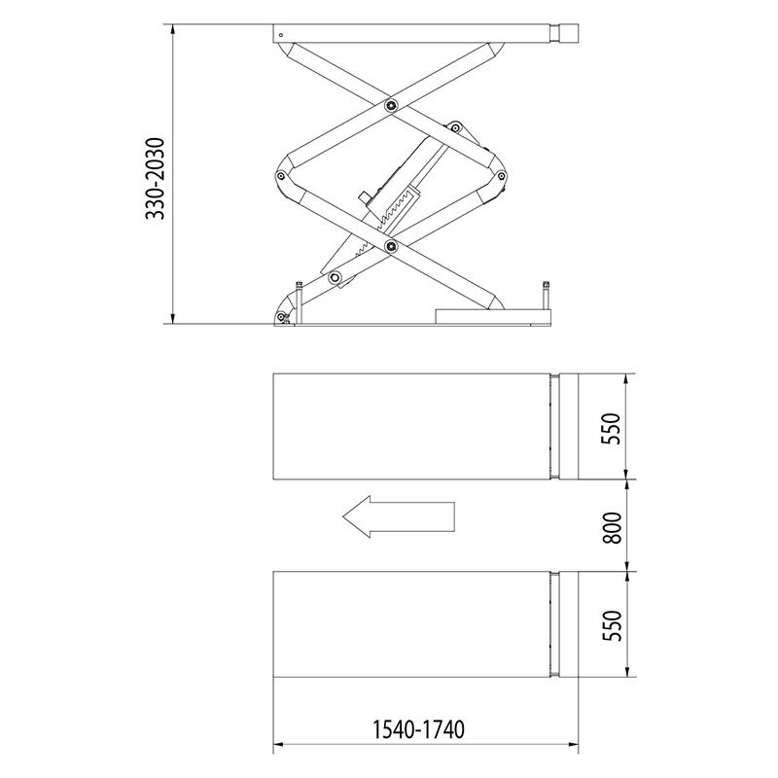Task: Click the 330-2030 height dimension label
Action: click(x=155, y=179)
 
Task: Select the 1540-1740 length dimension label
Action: click(x=418, y=729)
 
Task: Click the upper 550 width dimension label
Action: click(x=612, y=429)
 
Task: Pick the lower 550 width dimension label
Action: click(x=612, y=625)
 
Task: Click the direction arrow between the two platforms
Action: click(x=399, y=516)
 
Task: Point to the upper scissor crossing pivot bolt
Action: click(x=392, y=105)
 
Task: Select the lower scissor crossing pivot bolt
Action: click(x=392, y=246)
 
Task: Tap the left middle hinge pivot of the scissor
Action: click(x=281, y=176)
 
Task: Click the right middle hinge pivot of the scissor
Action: click(x=501, y=175)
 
